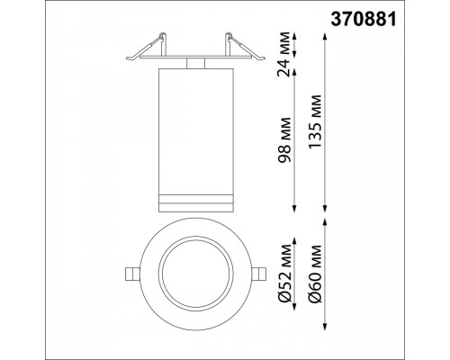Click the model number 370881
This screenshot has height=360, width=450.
point(364,19)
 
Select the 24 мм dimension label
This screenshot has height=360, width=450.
point(284,54)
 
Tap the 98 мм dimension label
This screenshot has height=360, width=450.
point(284,139)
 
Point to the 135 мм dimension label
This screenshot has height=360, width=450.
point(315,121)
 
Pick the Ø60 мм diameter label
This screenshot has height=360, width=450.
point(315,274)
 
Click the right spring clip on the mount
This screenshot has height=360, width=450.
point(245,47)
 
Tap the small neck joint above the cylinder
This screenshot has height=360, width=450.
point(195,63)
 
